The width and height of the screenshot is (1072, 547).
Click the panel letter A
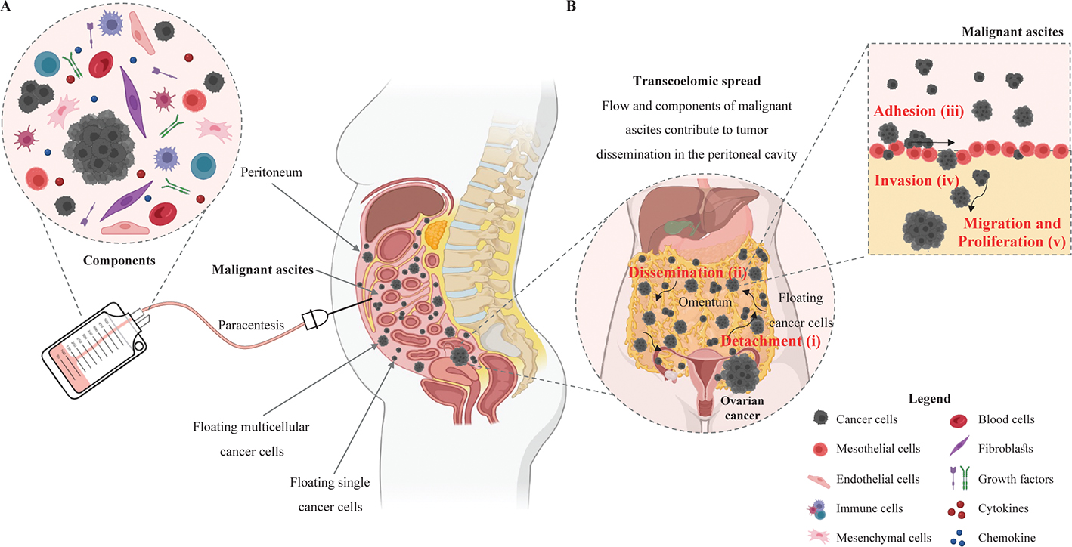click(x=6, y=7)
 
